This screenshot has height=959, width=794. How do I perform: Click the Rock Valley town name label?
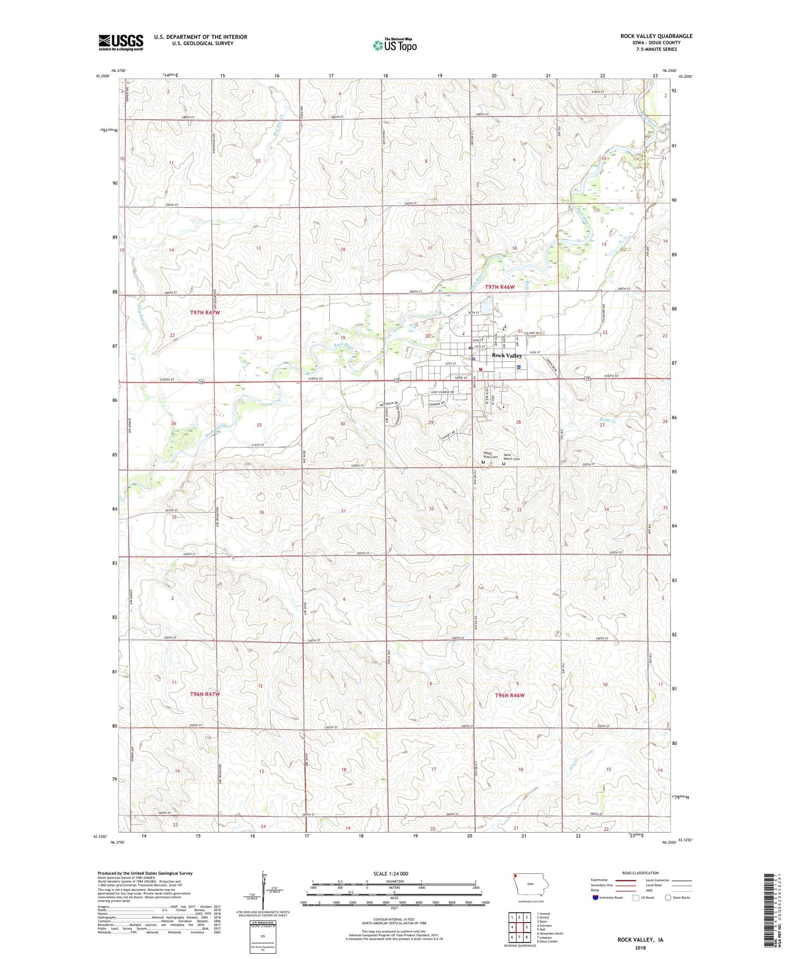[507, 355]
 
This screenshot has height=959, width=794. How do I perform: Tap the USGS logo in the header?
[121, 42]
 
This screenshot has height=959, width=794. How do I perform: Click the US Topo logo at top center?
[394, 45]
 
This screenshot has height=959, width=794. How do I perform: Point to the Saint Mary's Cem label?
[511, 457]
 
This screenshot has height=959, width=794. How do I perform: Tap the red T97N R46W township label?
[499, 286]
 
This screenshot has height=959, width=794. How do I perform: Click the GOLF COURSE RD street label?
[442, 392]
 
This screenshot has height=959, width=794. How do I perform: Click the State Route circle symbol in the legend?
[668, 898]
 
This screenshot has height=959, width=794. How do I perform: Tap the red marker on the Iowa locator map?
[515, 875]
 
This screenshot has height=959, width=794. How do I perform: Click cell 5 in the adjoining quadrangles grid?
[527, 927]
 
